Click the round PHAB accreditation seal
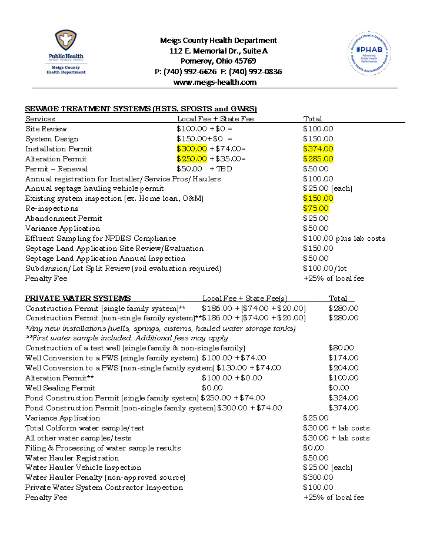pos(368,54)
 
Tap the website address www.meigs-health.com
pos(215,82)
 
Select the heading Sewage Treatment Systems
pos(141,109)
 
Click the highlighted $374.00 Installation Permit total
pos(318,149)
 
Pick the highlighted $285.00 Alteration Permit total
pos(318,159)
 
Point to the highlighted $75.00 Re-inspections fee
pos(316,208)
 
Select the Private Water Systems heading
pos(78,299)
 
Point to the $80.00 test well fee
pos(341,348)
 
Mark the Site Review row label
pos(46,129)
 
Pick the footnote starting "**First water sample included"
pos(128,338)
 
